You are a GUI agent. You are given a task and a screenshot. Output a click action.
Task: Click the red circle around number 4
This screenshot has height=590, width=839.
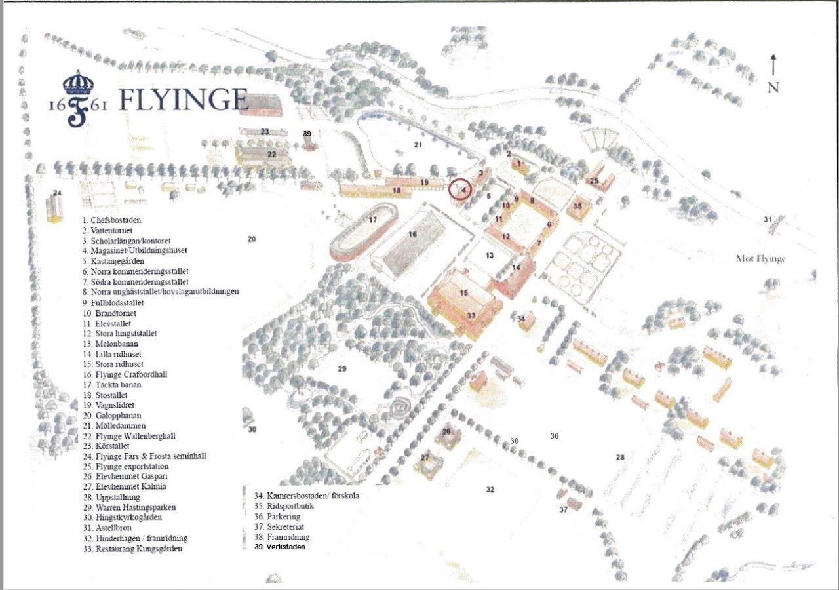tap(460, 189)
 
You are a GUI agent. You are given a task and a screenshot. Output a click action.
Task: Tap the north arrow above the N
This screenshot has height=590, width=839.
tap(773, 66)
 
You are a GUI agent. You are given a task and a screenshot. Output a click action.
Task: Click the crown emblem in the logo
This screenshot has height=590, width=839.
tap(78, 83)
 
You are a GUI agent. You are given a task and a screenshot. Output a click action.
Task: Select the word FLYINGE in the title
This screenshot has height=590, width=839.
tap(184, 100)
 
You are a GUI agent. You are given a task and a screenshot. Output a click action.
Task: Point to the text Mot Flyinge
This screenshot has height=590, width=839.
tap(760, 258)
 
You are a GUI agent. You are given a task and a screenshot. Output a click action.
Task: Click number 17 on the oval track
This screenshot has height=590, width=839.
tap(372, 220)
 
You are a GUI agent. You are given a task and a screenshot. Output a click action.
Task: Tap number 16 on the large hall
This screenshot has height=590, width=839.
tap(412, 234)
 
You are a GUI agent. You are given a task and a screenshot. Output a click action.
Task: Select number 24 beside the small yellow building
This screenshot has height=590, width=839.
tap(58, 193)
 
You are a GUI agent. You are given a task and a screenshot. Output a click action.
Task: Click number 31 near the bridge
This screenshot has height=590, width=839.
tap(768, 219)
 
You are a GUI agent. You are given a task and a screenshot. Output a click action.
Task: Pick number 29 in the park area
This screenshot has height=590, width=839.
tap(341, 369)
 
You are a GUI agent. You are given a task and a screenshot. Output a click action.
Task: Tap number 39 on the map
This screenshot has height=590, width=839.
tap(307, 134)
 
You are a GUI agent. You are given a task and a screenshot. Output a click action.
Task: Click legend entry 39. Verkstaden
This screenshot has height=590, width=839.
tap(280, 547)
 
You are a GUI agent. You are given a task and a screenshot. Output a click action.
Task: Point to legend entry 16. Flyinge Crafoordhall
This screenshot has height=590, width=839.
tap(125, 374)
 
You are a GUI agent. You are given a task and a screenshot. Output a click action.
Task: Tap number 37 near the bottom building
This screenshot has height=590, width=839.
tap(563, 509)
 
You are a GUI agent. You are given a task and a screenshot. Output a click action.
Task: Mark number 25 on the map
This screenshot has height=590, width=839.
tap(595, 180)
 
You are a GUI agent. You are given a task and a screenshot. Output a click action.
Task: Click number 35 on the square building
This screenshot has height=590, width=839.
tap(577, 205)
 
